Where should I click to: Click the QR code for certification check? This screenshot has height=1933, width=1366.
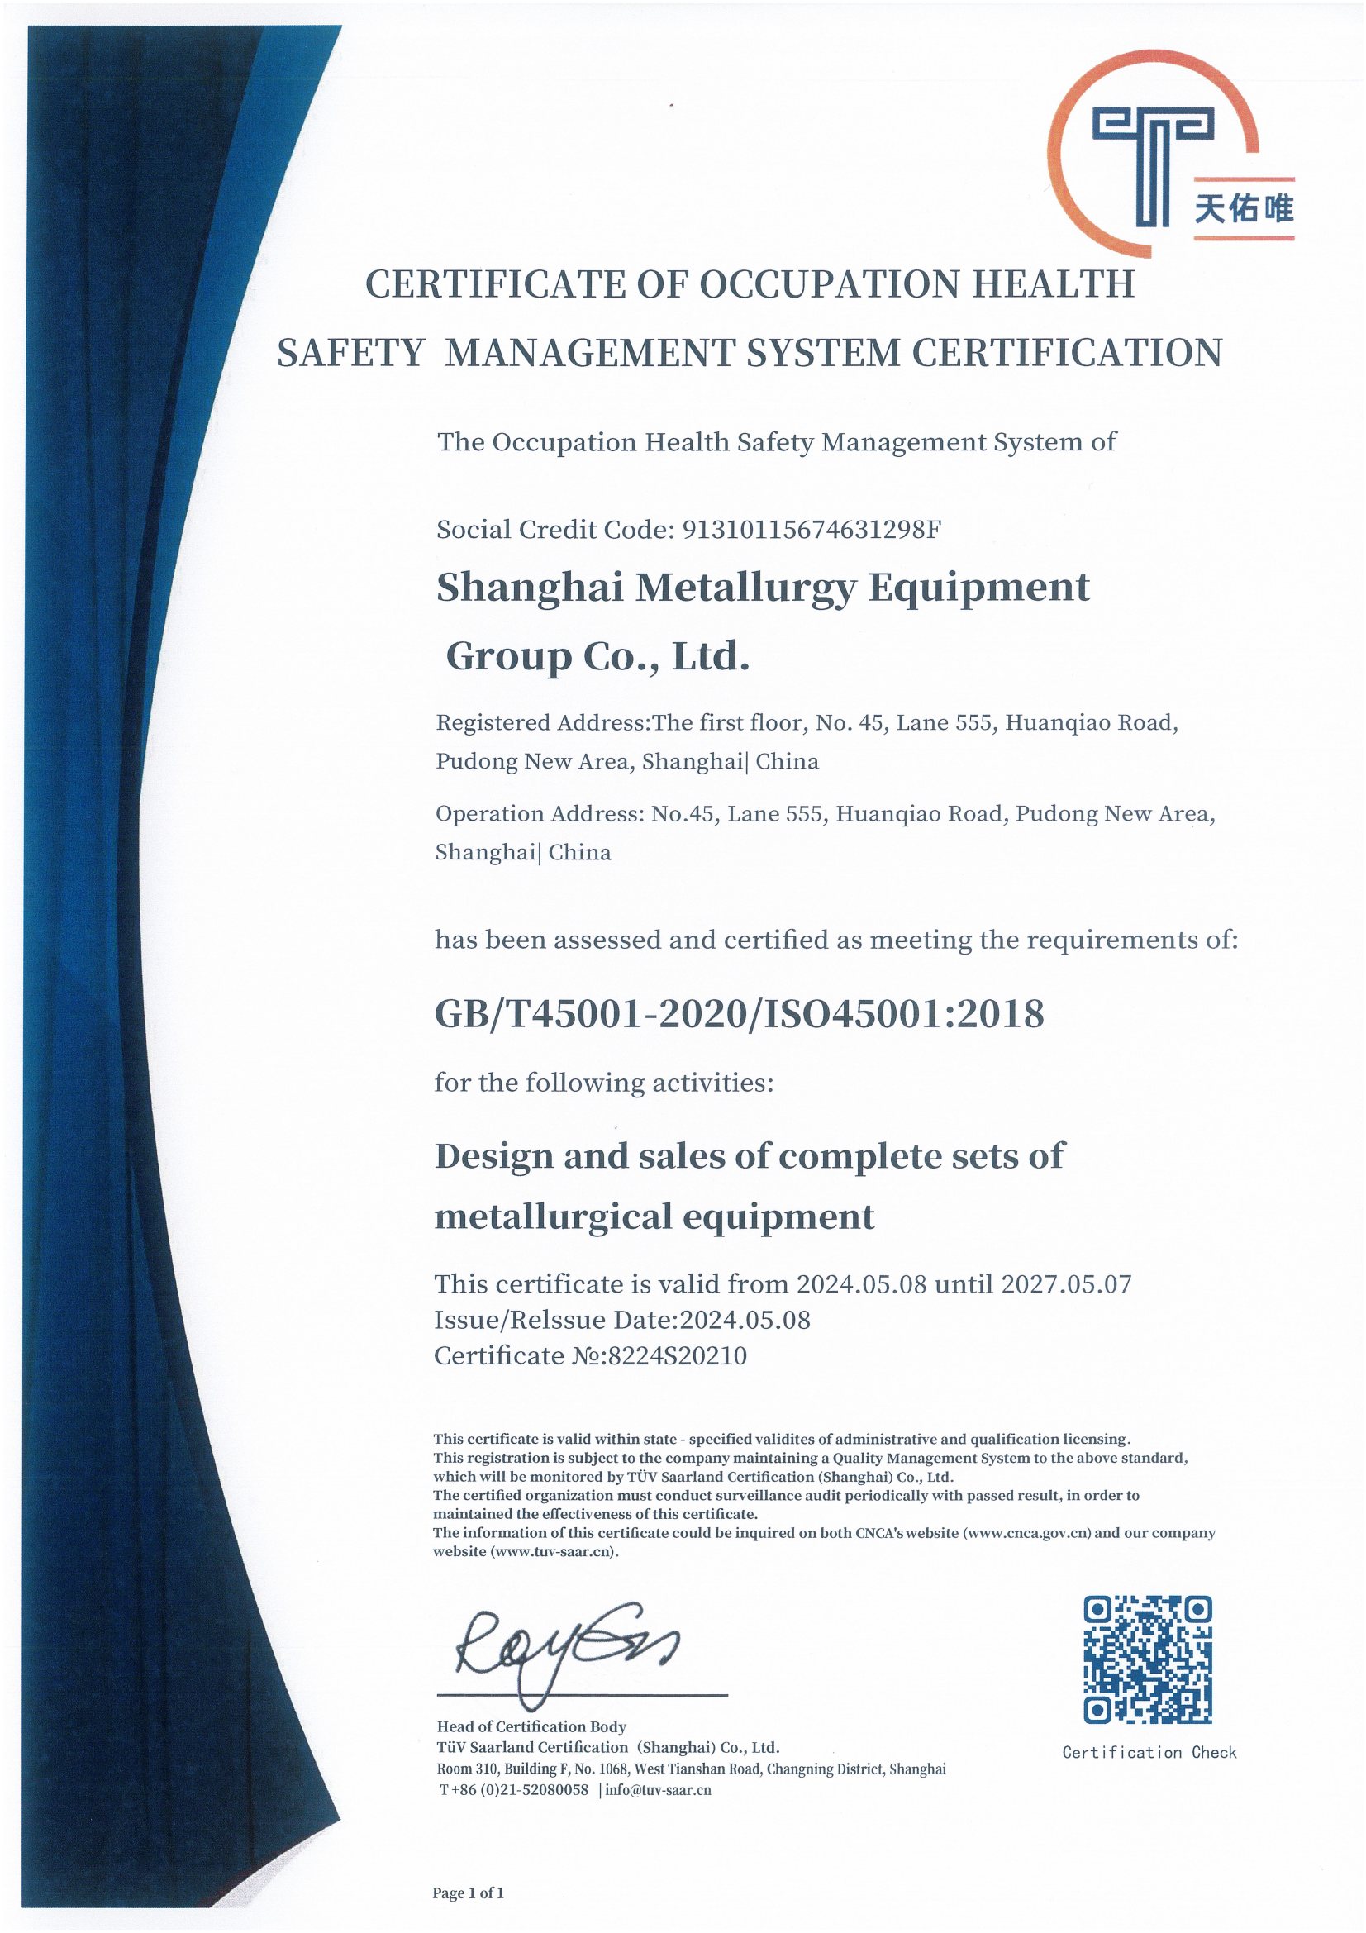pos(1147,1659)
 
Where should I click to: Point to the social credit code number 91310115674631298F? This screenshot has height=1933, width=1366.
pos(811,530)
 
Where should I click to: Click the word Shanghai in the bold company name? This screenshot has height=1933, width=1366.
pos(530,588)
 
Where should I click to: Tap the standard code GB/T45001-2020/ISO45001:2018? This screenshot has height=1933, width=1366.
pos(739,1014)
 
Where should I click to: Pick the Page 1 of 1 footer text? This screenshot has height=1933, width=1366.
pos(468,1893)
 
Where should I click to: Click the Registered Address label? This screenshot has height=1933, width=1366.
pos(540,722)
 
